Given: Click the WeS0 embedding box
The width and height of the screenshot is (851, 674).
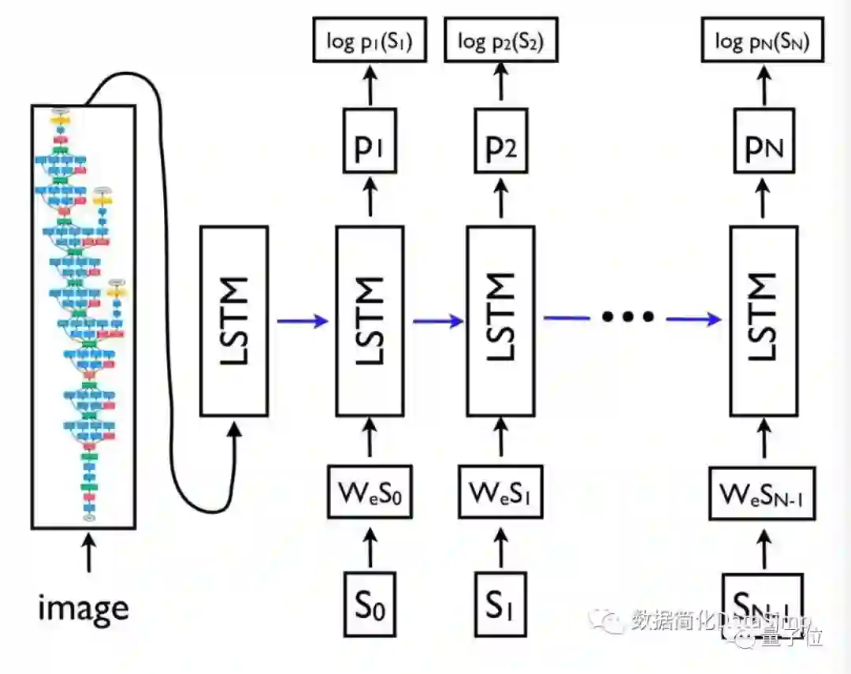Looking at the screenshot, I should click(x=370, y=493).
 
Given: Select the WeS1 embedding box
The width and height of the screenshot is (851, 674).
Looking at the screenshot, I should click(x=500, y=493).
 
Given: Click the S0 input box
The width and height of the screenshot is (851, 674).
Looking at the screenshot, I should click(x=370, y=606).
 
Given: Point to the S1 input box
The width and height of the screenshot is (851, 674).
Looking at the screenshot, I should click(x=500, y=606).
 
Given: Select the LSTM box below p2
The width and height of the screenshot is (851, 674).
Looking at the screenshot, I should click(x=500, y=320).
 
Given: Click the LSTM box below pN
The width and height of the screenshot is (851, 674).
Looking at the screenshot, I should click(x=763, y=320).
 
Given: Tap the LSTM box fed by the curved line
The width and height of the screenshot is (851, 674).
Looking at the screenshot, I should click(x=235, y=320).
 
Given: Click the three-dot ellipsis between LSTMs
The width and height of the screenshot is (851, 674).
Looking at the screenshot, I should click(x=628, y=317).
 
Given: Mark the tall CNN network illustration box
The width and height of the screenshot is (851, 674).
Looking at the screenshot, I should click(x=84, y=315).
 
